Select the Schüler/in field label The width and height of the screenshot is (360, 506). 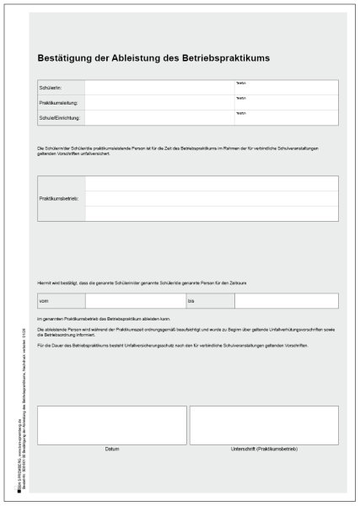tap(50, 88)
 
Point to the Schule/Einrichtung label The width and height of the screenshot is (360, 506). tap(60, 118)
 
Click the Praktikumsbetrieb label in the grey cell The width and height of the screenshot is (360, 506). tap(59, 198)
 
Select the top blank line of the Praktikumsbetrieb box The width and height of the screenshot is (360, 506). tap(212, 183)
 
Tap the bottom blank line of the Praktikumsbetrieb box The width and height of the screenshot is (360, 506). tap(212, 213)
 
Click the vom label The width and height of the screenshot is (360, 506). tap(44, 301)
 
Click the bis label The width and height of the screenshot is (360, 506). tap(191, 301)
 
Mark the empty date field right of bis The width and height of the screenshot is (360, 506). tap(286, 301)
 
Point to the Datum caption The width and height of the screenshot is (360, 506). tap(112, 449)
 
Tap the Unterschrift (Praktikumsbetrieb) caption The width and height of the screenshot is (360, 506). tap(264, 449)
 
